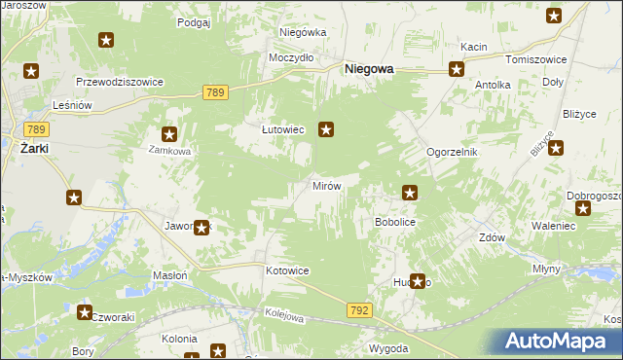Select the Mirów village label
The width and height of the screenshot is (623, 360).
(325, 185)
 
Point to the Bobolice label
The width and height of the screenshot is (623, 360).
(396, 222)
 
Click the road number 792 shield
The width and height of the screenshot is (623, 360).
(357, 308)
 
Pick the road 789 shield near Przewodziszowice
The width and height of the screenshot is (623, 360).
(216, 91)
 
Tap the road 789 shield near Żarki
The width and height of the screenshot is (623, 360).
(37, 129)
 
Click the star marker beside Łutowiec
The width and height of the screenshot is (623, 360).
(327, 126)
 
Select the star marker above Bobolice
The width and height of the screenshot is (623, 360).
(411, 193)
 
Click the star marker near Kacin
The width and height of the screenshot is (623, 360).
(457, 68)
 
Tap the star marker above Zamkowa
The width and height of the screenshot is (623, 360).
(169, 135)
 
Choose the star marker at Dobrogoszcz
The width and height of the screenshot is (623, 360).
(583, 208)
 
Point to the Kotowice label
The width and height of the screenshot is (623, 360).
(287, 270)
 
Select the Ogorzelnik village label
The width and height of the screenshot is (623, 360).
(453, 153)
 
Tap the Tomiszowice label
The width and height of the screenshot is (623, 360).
(530, 58)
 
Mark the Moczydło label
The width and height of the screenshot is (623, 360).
(291, 57)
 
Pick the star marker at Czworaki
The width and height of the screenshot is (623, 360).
(84, 311)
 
